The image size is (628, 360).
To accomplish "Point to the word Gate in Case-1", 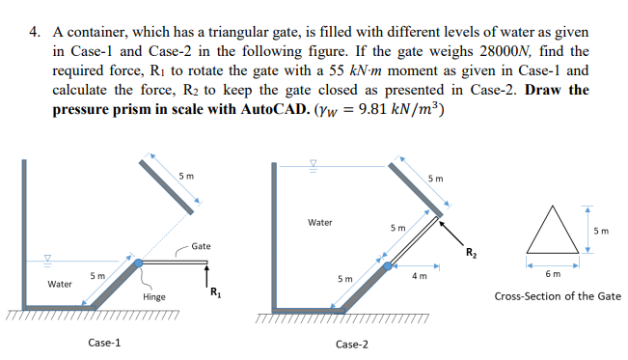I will pos(201,247).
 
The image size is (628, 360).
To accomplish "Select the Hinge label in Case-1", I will pos(154,296).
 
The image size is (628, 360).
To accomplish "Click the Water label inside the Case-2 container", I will pos(320,222).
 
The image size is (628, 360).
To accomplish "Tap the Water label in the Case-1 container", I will pos(60,285).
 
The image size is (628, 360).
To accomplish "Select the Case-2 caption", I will pos(353,344).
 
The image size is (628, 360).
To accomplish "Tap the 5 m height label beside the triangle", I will pos(602,231).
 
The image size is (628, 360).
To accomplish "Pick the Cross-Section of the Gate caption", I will pos(558,296).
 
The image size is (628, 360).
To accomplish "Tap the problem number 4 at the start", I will pos(34,31).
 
